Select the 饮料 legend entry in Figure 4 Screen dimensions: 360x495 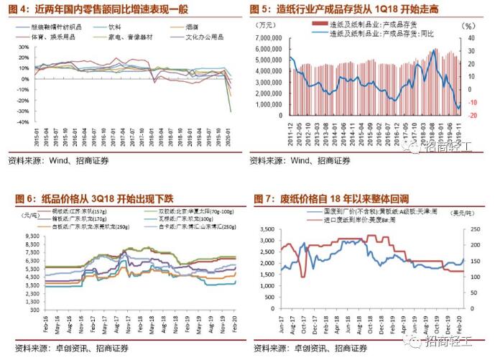[116, 26]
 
